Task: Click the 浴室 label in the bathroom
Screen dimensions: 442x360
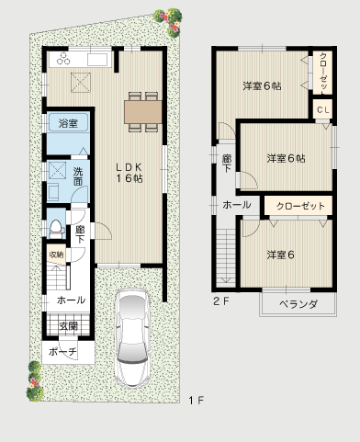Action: click(67, 122)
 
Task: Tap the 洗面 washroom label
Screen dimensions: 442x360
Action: click(79, 176)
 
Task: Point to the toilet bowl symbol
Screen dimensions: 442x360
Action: click(55, 226)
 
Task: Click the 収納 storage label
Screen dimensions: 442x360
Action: click(56, 255)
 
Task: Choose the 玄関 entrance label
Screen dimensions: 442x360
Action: click(69, 325)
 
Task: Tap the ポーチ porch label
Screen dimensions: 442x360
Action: click(62, 352)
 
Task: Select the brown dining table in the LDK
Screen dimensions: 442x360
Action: click(142, 110)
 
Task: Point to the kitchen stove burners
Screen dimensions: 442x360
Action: click(63, 60)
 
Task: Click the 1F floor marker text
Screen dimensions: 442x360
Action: click(195, 401)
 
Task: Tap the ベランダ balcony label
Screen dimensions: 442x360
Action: click(298, 303)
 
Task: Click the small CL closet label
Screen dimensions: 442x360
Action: click(323, 110)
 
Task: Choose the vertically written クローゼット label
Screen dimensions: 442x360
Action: click(324, 71)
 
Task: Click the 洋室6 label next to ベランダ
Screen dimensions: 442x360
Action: click(280, 254)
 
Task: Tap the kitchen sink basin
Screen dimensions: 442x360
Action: click(97, 60)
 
